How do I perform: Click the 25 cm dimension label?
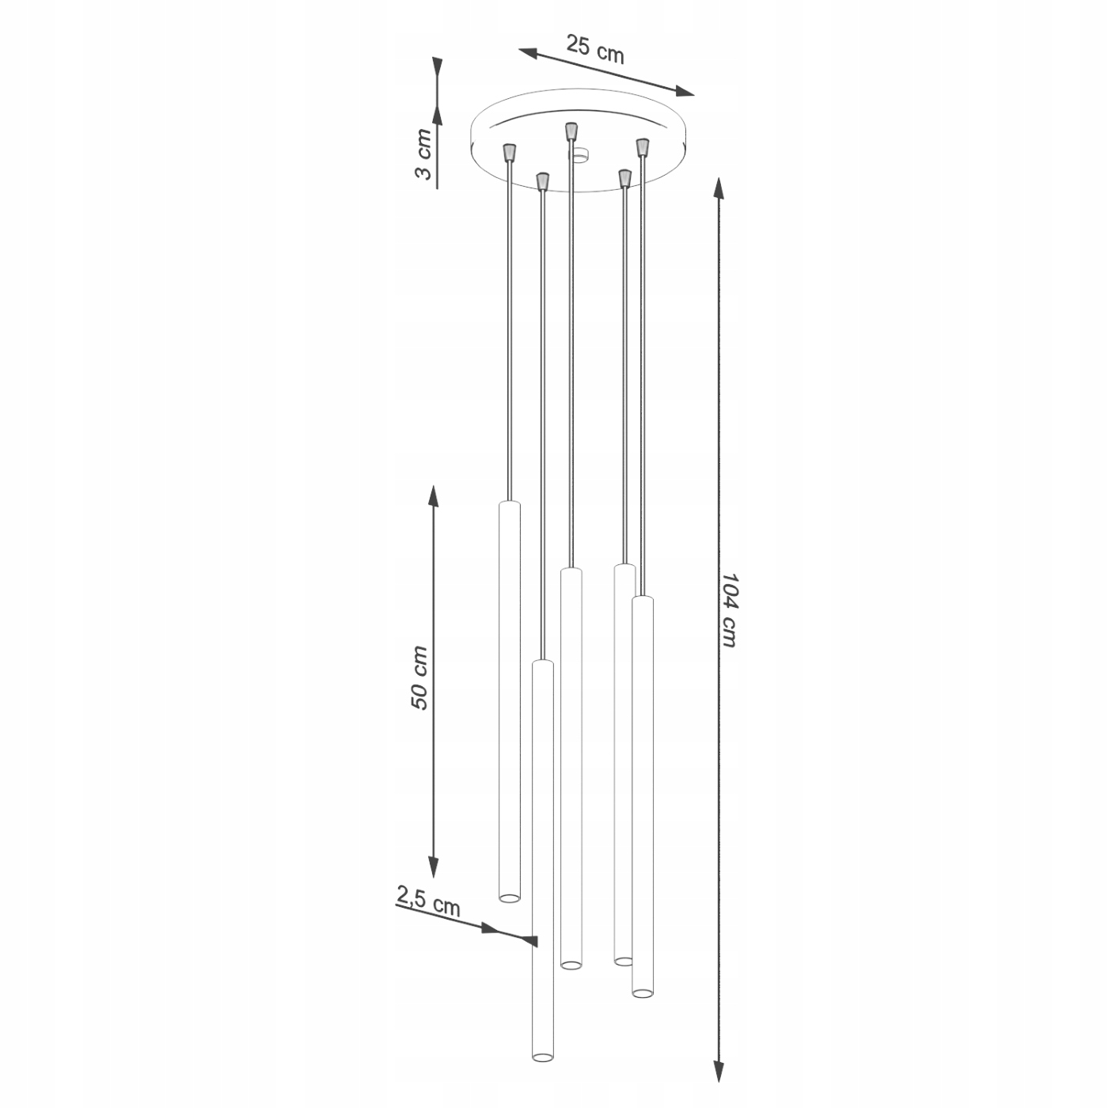tap(595, 49)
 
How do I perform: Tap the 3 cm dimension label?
tap(423, 154)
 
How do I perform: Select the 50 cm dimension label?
tap(419, 678)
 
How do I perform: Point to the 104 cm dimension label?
tap(728, 610)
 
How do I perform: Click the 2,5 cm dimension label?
tap(428, 910)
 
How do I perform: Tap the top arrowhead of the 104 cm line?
tap(718, 188)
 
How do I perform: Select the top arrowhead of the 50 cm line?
tap(433, 496)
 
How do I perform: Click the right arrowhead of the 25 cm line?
tap(685, 91)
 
